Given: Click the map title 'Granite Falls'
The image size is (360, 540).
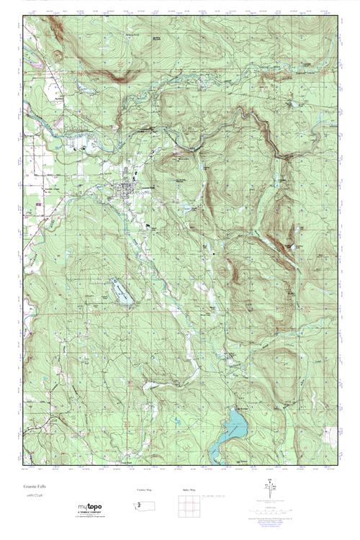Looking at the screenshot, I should (34, 487).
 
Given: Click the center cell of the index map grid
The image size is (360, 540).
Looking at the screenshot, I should (190, 506).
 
